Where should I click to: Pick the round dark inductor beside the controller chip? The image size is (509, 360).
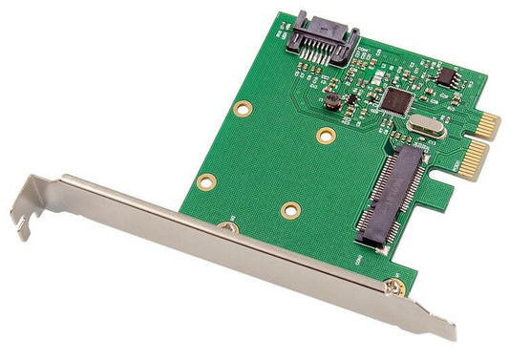tap(331, 99)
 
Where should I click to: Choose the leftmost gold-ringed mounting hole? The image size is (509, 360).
tap(205, 180)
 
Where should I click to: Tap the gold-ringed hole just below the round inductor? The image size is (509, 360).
tap(326, 135)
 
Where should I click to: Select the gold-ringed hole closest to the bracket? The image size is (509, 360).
tap(289, 210)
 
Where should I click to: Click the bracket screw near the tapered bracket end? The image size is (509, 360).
tap(392, 285)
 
